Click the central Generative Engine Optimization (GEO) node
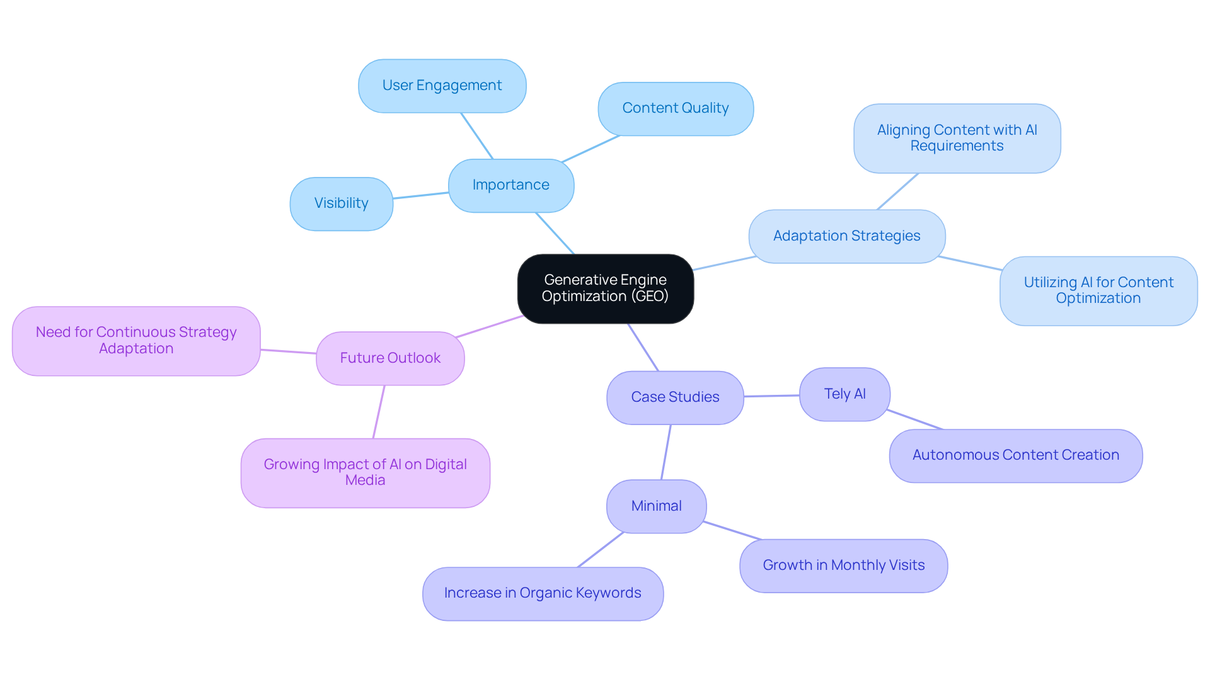(605, 288)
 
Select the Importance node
(510, 185)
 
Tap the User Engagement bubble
(442, 86)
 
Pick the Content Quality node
(675, 108)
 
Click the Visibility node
(341, 203)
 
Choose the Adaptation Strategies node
(846, 236)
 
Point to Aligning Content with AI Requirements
(957, 138)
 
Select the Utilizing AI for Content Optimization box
(1098, 290)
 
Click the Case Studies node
(675, 397)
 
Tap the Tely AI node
(844, 394)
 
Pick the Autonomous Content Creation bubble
(1015, 455)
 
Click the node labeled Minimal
(656, 506)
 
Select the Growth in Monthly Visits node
(843, 565)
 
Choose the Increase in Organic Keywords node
(542, 593)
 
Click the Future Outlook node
(390, 358)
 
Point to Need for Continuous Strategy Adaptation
(136, 341)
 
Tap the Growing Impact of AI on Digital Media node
(365, 472)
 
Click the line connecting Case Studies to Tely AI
(771, 396)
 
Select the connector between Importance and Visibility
(420, 195)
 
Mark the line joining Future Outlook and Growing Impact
(379, 412)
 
